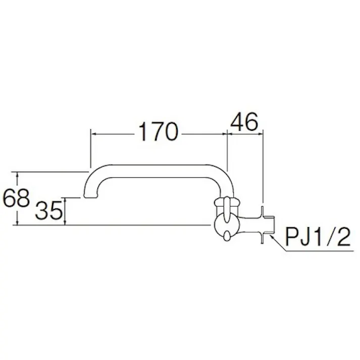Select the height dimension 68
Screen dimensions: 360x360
click(x=16, y=198)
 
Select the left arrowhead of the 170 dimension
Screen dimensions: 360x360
click(x=92, y=134)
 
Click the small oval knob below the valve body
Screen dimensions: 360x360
click(x=227, y=235)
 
